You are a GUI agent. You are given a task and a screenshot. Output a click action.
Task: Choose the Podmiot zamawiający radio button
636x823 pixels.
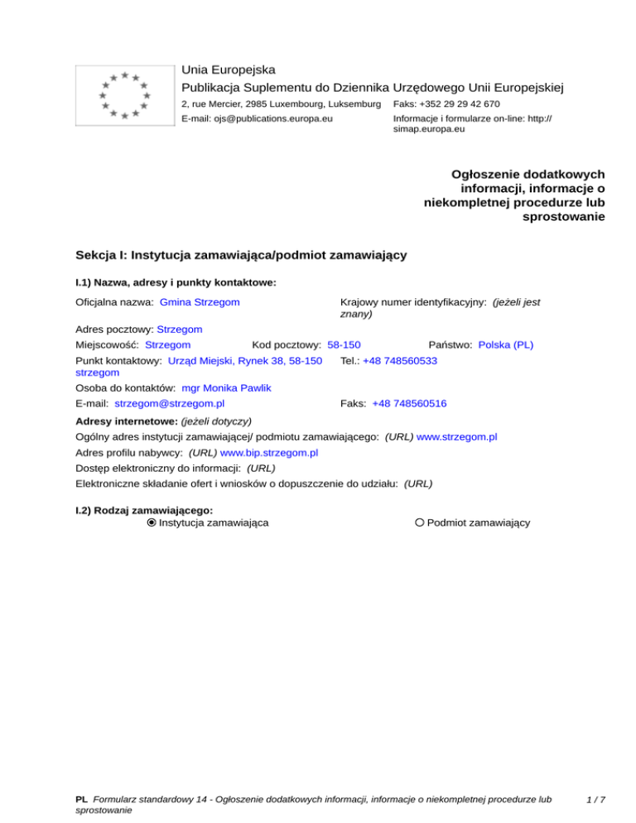tap(420, 522)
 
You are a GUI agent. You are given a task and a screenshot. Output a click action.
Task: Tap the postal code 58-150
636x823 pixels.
tap(344, 344)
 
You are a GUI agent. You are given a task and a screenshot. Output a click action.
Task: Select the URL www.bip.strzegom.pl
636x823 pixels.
tap(270, 453)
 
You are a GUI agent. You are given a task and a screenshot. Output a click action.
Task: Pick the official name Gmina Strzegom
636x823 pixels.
tap(200, 302)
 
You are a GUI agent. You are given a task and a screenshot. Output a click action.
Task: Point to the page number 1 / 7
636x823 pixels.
tap(595, 800)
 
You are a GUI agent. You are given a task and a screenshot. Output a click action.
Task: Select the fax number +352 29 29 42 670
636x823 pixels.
tap(446, 103)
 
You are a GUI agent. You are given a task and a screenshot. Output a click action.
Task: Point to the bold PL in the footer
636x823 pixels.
tap(81, 800)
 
